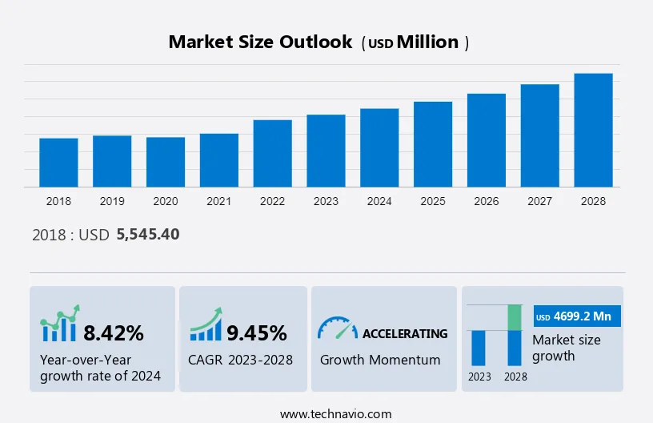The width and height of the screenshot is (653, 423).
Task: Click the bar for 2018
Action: (x=58, y=163)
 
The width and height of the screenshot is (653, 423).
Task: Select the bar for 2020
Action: (x=166, y=162)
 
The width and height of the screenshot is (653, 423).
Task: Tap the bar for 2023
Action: (x=326, y=151)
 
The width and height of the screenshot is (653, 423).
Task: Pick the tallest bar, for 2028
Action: (x=593, y=131)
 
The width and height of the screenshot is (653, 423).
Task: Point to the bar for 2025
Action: (x=433, y=144)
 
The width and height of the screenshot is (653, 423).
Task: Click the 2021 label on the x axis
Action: (x=219, y=201)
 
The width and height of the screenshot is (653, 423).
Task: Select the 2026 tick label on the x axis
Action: (x=487, y=201)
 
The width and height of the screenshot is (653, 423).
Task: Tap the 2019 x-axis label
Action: (x=112, y=201)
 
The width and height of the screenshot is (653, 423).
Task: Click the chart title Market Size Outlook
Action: (x=260, y=42)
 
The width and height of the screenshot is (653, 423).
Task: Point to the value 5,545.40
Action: (x=148, y=235)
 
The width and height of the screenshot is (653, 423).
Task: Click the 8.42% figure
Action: (x=114, y=332)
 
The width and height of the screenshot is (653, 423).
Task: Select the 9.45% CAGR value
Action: (x=257, y=332)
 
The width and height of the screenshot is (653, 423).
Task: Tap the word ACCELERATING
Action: (x=405, y=333)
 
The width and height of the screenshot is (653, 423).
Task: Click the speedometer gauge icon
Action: (x=337, y=328)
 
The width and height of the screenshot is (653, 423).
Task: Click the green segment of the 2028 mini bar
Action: (x=515, y=317)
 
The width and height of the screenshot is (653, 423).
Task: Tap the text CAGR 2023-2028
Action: (x=240, y=360)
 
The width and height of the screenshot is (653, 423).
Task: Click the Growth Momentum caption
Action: (x=380, y=360)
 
